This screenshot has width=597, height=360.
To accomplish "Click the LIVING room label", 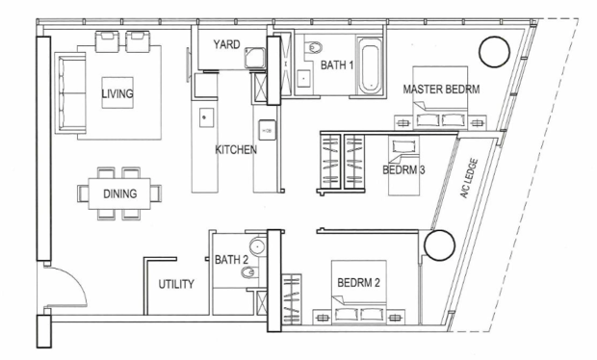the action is (x=117, y=93).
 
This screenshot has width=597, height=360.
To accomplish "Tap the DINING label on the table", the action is (x=120, y=193).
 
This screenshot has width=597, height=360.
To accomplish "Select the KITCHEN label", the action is (x=236, y=149).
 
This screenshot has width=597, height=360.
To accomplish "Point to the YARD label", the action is (x=226, y=44).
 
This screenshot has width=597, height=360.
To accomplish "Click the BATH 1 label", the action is (x=337, y=65).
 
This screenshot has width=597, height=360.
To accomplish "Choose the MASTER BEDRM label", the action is (x=441, y=90).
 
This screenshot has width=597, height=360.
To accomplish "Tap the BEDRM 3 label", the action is (x=403, y=169).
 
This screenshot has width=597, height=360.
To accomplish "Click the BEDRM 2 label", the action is (x=358, y=283).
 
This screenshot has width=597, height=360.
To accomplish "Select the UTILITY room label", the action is (x=176, y=284).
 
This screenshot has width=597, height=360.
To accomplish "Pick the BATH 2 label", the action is (x=231, y=260).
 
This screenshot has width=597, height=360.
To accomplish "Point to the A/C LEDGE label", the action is (x=469, y=178).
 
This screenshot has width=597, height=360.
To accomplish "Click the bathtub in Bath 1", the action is (x=371, y=66).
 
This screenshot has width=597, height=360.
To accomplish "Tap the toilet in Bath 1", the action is (x=313, y=47).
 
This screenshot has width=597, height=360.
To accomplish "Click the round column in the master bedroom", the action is (x=494, y=52).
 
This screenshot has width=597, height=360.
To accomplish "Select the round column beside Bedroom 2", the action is (x=439, y=245).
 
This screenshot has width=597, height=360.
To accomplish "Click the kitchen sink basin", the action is (x=207, y=117).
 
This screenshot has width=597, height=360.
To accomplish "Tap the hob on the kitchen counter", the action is (x=267, y=130).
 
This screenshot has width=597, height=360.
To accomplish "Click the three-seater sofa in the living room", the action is (x=71, y=92).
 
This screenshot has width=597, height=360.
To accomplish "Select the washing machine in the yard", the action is (x=255, y=58).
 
